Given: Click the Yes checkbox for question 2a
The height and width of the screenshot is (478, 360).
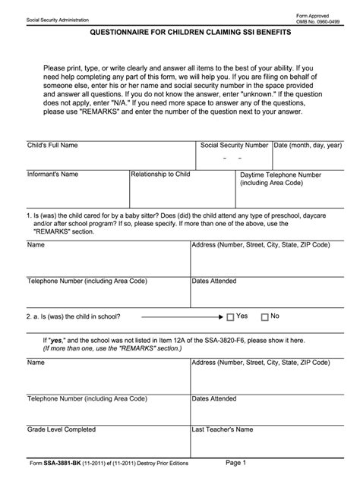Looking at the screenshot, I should [x=230, y=316].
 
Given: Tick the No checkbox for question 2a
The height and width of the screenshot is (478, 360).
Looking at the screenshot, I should [x=264, y=316].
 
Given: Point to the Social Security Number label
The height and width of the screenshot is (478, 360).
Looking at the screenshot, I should [x=234, y=144].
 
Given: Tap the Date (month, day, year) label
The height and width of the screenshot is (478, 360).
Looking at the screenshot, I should [x=308, y=144].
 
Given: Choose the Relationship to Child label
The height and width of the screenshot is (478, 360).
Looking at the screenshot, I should [x=160, y=174].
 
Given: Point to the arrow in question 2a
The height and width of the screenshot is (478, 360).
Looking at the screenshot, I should [x=182, y=316].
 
